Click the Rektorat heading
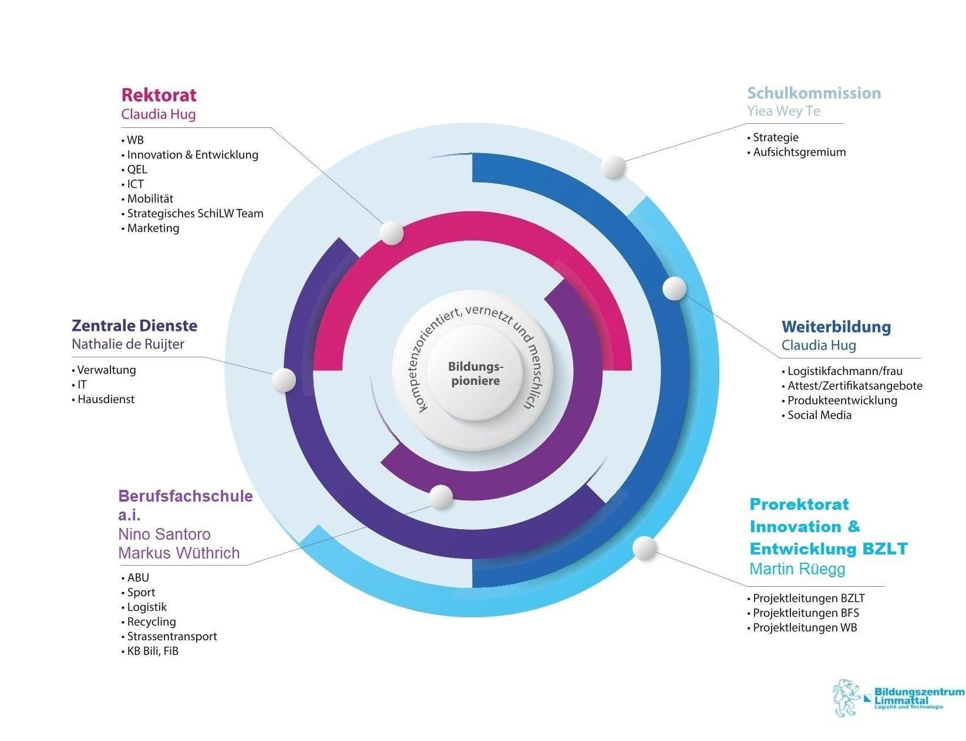[x=159, y=95]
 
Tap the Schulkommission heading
[x=813, y=93]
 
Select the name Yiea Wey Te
[x=783, y=111]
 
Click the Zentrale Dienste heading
[x=134, y=326]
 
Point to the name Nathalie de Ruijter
[x=128, y=344]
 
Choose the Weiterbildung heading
[x=836, y=327]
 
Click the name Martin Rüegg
[x=797, y=569]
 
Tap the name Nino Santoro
[x=164, y=534]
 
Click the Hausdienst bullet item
[x=103, y=399]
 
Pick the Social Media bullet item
[x=817, y=415]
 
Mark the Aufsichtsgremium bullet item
[x=796, y=153]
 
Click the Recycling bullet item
[x=149, y=621]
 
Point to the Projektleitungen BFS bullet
[x=803, y=613]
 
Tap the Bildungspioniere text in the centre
[x=475, y=374]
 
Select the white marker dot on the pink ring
[x=392, y=233]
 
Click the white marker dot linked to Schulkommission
[x=613, y=167]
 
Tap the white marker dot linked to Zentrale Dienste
[x=284, y=380]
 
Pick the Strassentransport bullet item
[x=169, y=636]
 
